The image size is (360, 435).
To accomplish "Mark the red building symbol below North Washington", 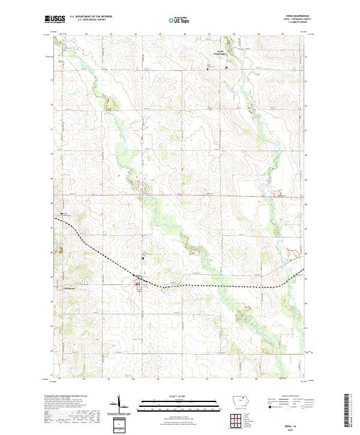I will click(x=226, y=67).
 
